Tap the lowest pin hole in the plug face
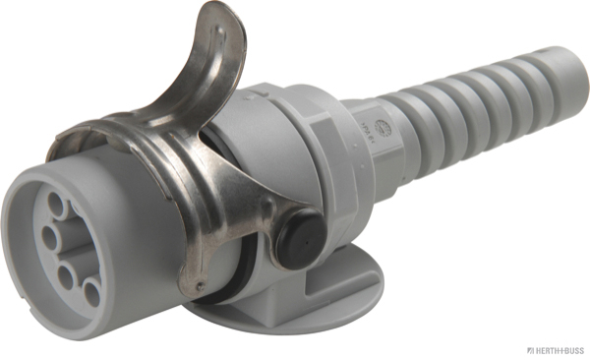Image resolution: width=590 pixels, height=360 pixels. pyautogui.click(x=91, y=292)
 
